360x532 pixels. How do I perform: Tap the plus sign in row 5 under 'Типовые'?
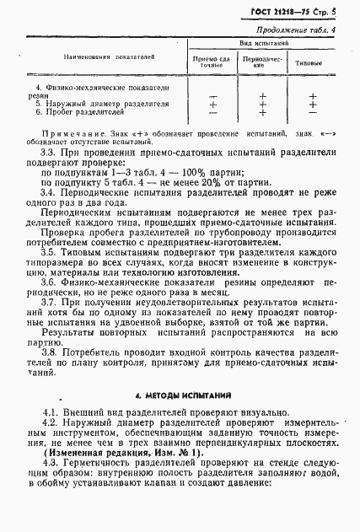pyautogui.click(x=312, y=104)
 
